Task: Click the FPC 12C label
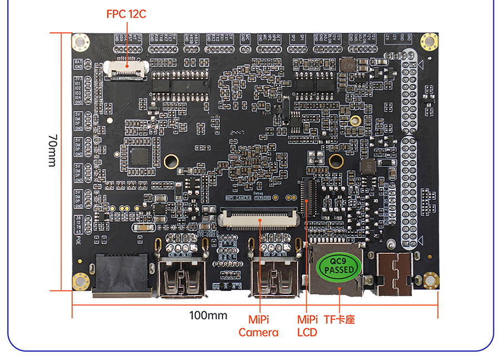[x=126, y=14]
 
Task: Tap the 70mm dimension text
[x=52, y=151]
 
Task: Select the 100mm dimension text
[x=208, y=316]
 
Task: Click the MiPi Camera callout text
[x=258, y=326]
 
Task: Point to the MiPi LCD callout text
[x=307, y=326]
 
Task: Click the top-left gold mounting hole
[x=81, y=42]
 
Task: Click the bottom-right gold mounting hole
[x=429, y=280]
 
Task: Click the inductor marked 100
[x=367, y=167]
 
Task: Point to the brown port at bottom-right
[x=394, y=274]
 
